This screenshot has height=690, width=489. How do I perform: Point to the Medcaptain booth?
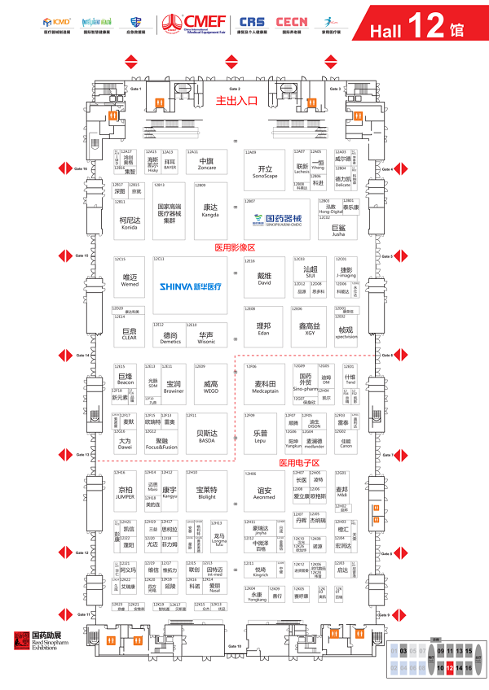click(266, 387)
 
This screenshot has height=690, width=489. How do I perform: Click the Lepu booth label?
click(260, 437)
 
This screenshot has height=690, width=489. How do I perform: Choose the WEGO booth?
click(210, 386)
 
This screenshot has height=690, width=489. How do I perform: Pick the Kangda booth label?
click(210, 209)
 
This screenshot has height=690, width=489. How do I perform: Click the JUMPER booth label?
click(126, 492)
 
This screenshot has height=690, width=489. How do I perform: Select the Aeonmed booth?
click(264, 492)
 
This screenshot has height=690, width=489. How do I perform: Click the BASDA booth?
click(206, 437)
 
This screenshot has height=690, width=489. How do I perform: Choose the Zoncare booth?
click(207, 164)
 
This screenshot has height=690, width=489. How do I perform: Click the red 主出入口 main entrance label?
click(236, 102)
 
